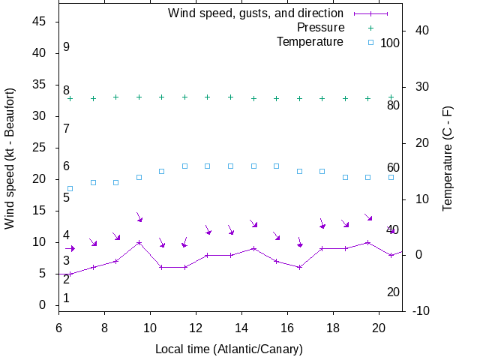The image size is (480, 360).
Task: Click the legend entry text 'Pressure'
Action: coord(320,28)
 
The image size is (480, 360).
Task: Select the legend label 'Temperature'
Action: coord(310,42)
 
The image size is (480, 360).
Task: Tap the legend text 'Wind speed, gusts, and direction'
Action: coord(256,13)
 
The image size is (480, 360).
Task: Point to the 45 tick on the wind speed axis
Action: coord(41,22)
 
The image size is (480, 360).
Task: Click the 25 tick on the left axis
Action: coord(41,148)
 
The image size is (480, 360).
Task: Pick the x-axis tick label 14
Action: coord(241,328)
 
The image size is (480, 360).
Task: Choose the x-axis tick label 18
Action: coord(333,328)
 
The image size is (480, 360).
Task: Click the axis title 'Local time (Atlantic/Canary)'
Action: coord(229,349)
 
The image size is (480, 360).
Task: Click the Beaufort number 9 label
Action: coord(66,47)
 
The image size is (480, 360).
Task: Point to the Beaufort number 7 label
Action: coord(66,129)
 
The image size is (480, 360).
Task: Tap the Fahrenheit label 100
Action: coord(390,43)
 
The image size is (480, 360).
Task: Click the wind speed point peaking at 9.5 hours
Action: coord(139,242)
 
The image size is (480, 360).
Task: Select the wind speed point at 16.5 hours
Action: coord(299,267)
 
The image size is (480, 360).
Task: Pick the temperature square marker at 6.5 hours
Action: coord(70,188)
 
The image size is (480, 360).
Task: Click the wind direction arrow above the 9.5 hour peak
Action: coord(139,217)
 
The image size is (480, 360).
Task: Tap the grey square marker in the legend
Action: coord(370,42)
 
